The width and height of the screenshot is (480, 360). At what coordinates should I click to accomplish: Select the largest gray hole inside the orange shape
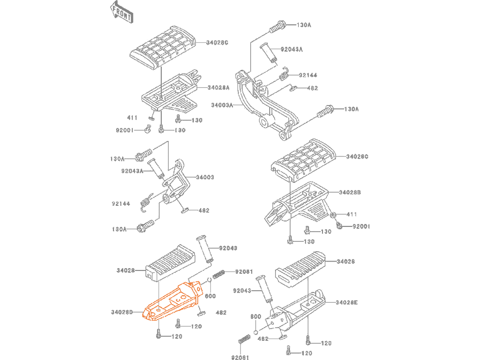tap(159, 303)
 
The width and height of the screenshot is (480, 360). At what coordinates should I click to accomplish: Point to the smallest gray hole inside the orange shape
tap(158, 310)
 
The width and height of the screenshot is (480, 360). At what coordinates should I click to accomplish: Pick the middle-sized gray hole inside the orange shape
tap(158, 307)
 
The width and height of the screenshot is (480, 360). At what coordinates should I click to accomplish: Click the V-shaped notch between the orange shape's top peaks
tap(189, 282)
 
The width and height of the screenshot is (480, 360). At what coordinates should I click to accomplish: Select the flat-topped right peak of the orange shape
tap(200, 278)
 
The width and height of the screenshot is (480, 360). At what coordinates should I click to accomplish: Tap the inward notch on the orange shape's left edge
tap(143, 312)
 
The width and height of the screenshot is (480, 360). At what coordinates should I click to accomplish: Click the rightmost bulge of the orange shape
tap(206, 290)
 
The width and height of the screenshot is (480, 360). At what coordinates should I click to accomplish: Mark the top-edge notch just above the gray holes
tap(158, 300)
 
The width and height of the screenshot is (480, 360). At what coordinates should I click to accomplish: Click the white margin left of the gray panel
tap(55, 180)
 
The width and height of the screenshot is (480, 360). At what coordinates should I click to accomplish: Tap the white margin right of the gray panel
tap(425, 180)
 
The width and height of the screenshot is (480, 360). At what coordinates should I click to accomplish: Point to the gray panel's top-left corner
tap(111, 0)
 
